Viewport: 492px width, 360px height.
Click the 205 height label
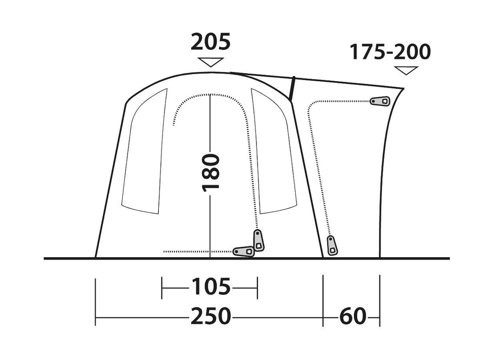(x=210, y=42)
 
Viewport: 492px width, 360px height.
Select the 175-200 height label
(x=390, y=52)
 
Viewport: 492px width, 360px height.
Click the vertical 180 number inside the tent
(x=211, y=171)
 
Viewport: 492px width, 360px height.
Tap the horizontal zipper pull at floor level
(x=244, y=251)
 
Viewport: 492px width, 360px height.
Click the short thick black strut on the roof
(x=292, y=87)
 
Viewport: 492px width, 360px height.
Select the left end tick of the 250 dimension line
(x=96, y=302)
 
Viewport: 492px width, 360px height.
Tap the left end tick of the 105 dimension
(x=162, y=287)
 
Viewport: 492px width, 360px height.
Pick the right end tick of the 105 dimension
(x=257, y=287)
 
